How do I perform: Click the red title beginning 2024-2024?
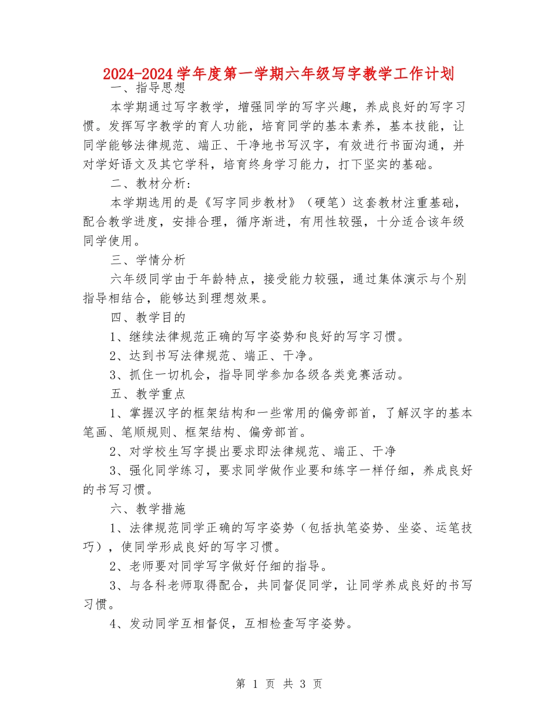tap(278, 74)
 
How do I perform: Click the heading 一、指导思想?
tap(148, 89)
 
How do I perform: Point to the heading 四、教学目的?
tap(148, 318)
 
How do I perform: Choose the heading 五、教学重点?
tap(148, 394)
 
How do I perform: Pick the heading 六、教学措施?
tap(148, 508)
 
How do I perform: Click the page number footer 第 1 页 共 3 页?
tap(278, 684)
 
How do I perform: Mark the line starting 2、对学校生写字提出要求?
tap(253, 451)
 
